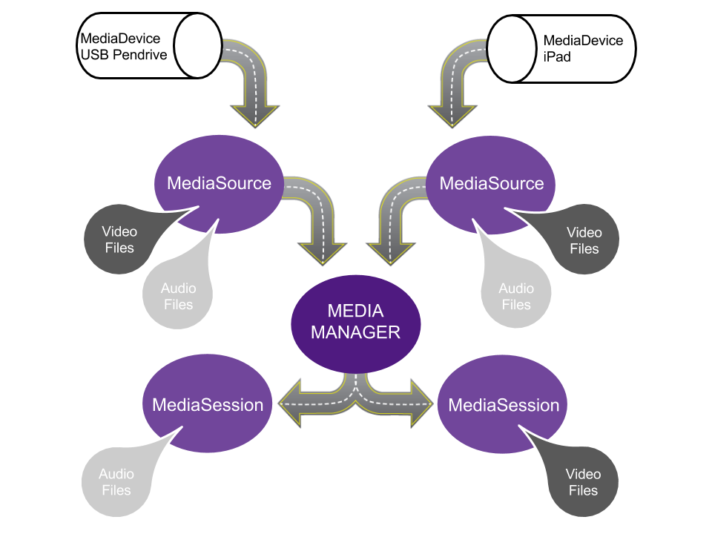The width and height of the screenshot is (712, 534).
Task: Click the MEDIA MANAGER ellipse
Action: point(355,323)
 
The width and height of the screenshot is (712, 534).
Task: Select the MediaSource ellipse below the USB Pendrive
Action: point(219,183)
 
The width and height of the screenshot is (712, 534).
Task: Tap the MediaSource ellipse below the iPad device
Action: point(492,183)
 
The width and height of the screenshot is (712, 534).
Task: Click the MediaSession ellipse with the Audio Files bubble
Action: point(208,405)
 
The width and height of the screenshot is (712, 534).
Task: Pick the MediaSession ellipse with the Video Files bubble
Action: point(504,405)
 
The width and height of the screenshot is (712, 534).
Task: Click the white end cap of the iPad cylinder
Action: point(512,48)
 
